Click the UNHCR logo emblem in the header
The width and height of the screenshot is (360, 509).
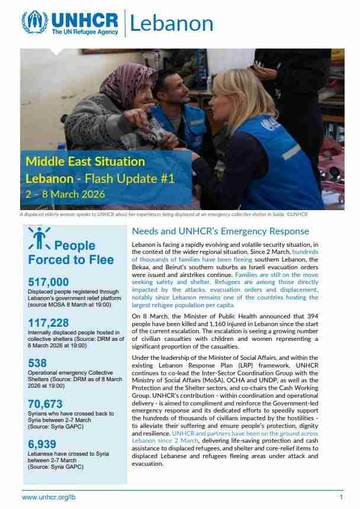[x=34, y=22]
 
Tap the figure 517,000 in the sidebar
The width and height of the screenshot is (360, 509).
[x=49, y=282]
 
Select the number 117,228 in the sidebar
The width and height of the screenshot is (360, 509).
[x=49, y=323]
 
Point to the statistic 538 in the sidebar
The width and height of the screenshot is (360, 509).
[x=37, y=363]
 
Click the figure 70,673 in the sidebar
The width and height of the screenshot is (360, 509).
[x=46, y=404]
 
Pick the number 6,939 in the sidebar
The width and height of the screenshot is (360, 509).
[x=43, y=444]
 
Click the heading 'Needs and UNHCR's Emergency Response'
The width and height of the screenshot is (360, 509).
[x=220, y=231]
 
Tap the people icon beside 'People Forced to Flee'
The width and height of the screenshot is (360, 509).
[x=39, y=239]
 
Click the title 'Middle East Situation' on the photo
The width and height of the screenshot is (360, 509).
[x=85, y=161]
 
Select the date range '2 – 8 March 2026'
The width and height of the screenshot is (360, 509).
[x=65, y=194]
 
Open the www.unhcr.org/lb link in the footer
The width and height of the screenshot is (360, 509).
[x=49, y=498]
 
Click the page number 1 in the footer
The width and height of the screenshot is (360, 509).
[x=341, y=498]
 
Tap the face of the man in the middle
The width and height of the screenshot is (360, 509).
[x=169, y=92]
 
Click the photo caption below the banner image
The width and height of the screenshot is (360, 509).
[x=163, y=214]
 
